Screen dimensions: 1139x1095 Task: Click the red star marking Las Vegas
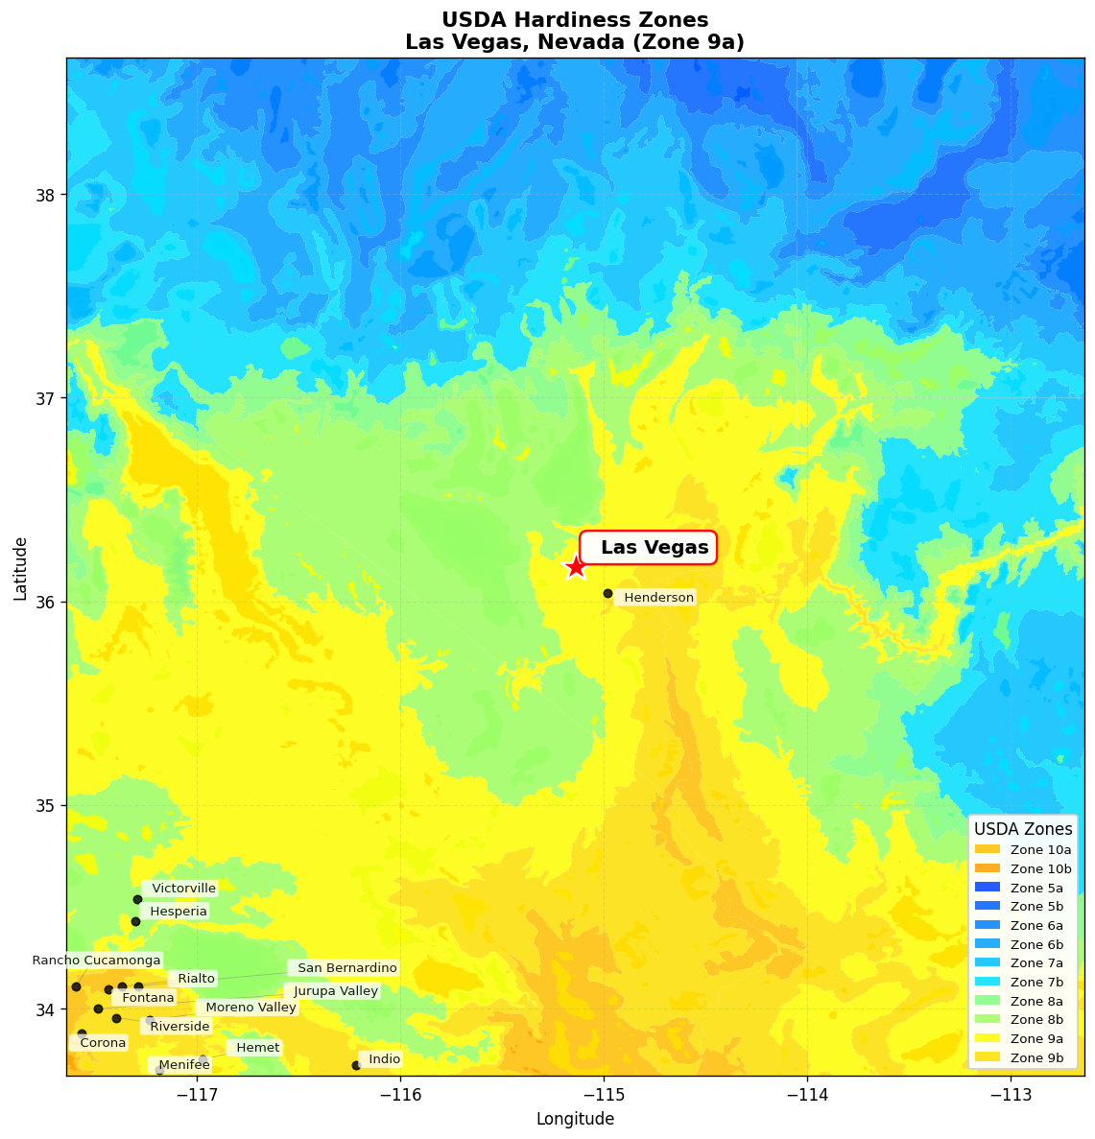575,566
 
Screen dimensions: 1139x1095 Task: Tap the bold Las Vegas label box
649,548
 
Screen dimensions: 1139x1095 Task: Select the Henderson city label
657,598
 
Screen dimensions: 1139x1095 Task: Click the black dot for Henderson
607,593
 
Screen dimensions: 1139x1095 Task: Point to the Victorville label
183,889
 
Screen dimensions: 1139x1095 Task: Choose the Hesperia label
178,911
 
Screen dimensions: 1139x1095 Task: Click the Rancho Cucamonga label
96,960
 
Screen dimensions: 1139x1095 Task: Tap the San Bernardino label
345,968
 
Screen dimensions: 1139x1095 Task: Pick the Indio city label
384,1059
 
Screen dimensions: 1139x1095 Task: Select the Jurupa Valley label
335,991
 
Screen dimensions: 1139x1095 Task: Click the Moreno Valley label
250,1008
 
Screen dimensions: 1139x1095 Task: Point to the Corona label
102,1043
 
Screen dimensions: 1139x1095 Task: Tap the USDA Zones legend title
1023,829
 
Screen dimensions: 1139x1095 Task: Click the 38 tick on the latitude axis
46,195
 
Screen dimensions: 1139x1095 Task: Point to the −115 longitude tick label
604,1095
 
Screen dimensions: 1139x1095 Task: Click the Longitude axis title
575,1119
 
